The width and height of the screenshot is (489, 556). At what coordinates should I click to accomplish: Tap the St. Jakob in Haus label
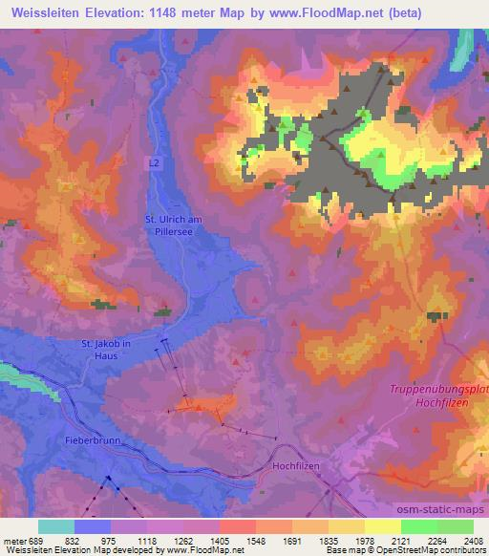pyautogui.click(x=107, y=350)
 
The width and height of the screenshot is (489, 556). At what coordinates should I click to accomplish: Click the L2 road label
pyautogui.click(x=155, y=163)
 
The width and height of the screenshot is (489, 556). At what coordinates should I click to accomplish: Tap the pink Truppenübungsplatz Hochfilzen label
pyautogui.click(x=438, y=396)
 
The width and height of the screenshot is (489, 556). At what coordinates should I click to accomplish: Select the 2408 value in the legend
pyautogui.click(x=474, y=540)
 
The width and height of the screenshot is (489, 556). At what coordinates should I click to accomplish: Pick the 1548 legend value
pyautogui.click(x=255, y=540)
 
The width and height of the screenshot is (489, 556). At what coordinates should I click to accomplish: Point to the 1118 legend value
pyautogui.click(x=147, y=540)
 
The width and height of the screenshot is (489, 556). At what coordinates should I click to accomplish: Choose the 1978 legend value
pyautogui.click(x=365, y=540)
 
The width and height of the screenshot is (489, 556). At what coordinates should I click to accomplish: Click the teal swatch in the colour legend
pyautogui.click(x=56, y=526)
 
